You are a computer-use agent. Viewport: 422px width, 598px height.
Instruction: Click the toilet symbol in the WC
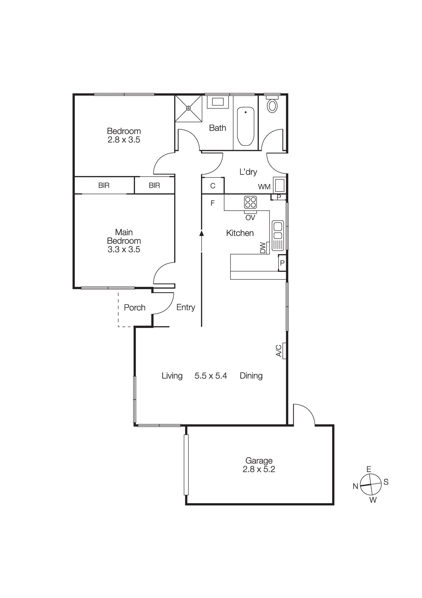coord(272,106)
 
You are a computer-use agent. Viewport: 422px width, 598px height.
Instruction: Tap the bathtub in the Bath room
coord(245,126)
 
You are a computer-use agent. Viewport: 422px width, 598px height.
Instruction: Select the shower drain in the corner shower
coord(188,108)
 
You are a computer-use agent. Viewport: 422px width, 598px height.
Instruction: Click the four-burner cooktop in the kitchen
coord(250,202)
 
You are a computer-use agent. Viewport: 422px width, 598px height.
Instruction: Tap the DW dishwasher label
coord(263,248)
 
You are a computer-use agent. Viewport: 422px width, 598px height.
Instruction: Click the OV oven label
coord(250,218)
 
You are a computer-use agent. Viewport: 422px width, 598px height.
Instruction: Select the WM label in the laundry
coord(264,187)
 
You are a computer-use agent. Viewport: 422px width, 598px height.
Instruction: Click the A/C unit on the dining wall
coord(284,351)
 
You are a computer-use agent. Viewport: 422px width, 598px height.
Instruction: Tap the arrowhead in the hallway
coord(202,233)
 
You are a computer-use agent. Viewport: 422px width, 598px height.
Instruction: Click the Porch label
coord(134,307)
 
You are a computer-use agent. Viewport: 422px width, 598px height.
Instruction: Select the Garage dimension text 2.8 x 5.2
coord(259,469)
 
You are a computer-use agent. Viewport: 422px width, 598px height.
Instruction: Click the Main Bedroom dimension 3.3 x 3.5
coord(124,249)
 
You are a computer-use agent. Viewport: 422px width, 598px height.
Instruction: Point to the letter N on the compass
coord(355,486)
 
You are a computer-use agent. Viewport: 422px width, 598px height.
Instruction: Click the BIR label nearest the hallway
coord(154,185)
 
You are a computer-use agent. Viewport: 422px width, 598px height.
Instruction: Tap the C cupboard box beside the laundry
coord(213,186)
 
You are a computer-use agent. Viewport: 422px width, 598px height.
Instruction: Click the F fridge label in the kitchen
coord(212,203)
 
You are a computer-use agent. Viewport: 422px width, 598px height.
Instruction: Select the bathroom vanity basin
coord(218,102)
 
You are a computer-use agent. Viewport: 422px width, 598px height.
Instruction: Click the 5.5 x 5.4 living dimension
coord(211,376)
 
